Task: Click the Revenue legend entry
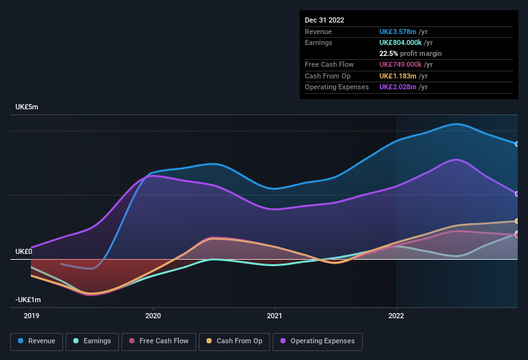37,341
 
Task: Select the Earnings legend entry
92,341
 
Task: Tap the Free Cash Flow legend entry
158,341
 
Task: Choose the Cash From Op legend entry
234,341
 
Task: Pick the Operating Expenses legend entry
318,341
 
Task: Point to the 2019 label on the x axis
32,316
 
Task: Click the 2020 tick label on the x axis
153,316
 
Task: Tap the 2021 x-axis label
275,316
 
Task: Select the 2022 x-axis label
396,316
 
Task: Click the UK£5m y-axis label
27,107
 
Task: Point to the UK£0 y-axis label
24,251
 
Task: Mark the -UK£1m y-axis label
28,300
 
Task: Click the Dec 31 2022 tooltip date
324,20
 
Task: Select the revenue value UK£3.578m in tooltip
399,32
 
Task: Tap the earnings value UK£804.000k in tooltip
401,42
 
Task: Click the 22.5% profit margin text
410,53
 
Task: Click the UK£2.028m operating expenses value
399,87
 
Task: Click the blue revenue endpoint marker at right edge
517,144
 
